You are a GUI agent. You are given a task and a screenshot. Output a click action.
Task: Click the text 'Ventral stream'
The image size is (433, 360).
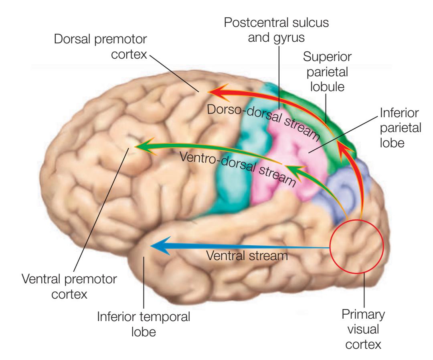[247, 255]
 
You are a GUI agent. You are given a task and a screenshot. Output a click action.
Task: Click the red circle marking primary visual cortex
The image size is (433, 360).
[356, 246]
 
